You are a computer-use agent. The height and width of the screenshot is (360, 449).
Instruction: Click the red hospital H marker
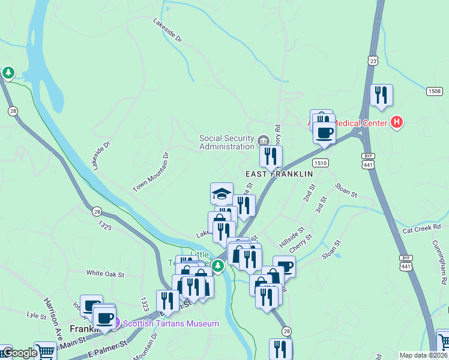point(396,122)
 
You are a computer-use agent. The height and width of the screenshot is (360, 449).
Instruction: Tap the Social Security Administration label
point(227,142)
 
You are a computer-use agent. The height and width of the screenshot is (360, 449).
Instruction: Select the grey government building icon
point(263,141)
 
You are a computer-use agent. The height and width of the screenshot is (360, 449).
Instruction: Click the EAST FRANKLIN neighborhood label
point(280,173)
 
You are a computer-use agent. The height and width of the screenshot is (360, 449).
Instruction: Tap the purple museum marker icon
point(117,323)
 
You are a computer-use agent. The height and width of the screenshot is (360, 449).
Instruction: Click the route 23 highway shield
point(373,61)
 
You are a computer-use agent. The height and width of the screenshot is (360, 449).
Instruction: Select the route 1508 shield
point(435,91)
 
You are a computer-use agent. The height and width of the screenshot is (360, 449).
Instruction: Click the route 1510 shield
point(320,163)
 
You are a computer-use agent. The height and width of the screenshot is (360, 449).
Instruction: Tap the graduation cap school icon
point(221,193)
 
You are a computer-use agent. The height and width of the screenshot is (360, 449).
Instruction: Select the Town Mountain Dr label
point(151,172)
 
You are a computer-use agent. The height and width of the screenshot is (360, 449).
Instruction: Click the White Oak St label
point(105,274)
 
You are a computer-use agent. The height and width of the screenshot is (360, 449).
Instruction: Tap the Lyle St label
point(37,314)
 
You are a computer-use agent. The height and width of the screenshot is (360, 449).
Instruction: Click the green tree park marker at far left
point(8,73)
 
